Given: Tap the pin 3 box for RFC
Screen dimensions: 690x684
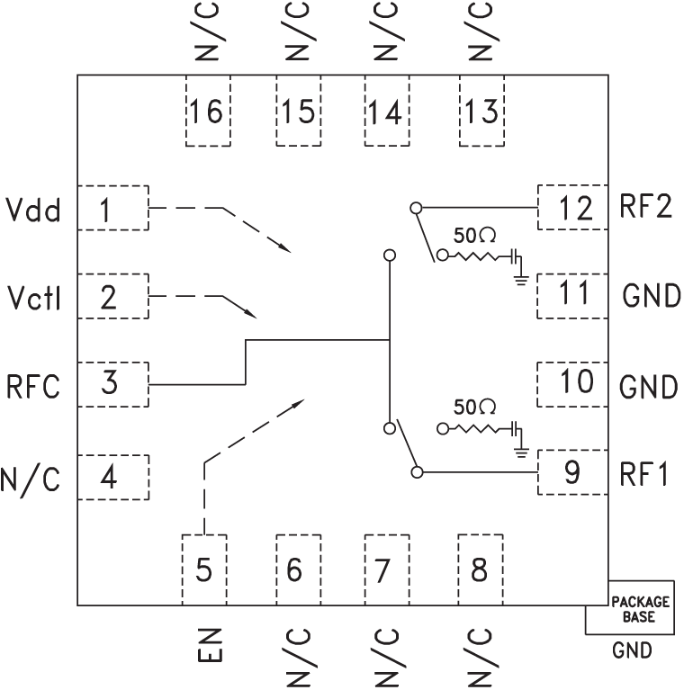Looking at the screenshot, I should [112, 384].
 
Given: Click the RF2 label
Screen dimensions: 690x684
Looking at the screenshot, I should [644, 208].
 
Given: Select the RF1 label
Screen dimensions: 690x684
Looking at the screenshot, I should [644, 473].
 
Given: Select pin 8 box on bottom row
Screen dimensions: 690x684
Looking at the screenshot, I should [481, 569].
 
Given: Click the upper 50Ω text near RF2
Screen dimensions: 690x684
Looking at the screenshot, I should [475, 237].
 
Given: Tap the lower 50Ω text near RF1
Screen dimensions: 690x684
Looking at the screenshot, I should [475, 407].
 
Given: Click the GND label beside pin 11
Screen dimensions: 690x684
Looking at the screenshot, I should [650, 296].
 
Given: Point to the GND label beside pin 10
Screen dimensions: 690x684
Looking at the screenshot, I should [648, 387].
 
